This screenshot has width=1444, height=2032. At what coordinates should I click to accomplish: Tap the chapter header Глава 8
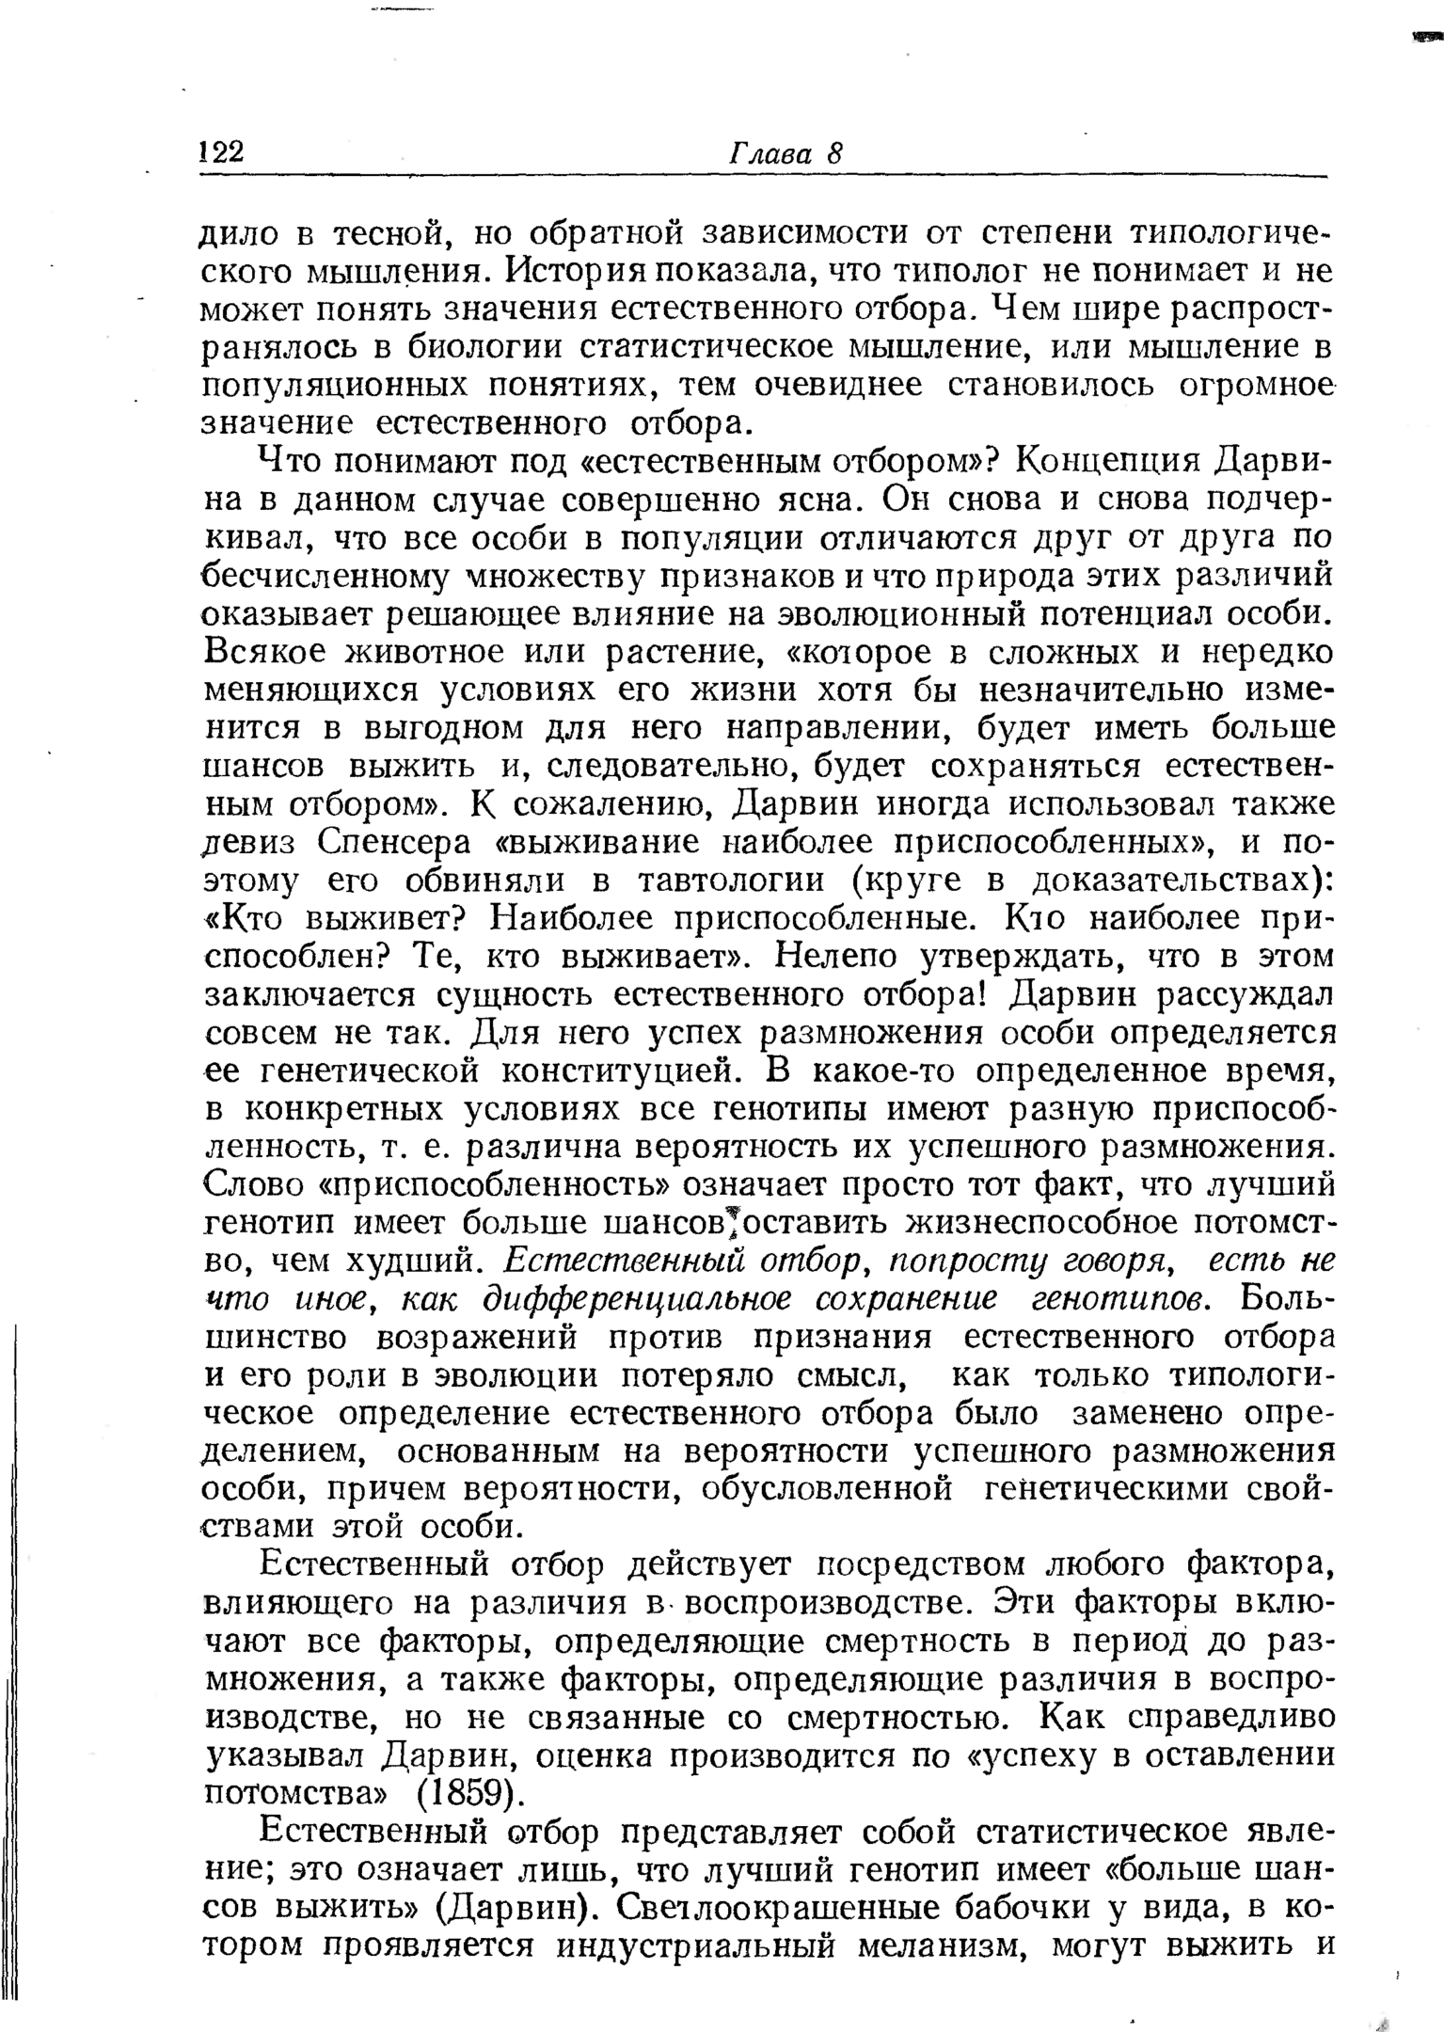785,153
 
